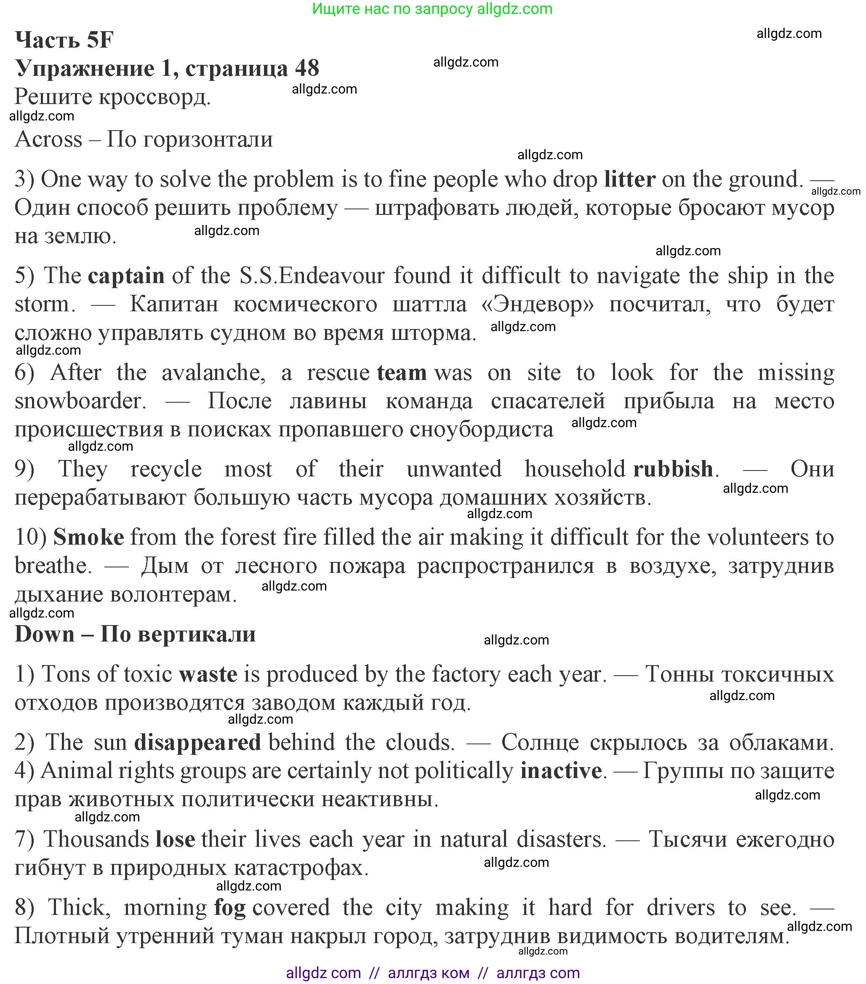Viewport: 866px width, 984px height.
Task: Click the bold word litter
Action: click(629, 179)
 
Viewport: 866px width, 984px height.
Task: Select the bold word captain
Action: click(126, 276)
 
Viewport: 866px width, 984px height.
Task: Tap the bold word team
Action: click(401, 373)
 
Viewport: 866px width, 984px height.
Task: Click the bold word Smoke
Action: click(88, 537)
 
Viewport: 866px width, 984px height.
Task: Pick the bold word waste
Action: click(208, 674)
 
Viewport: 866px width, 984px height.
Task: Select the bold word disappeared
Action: click(197, 742)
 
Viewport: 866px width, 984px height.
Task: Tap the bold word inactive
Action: click(560, 771)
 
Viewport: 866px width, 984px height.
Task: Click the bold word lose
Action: click(175, 840)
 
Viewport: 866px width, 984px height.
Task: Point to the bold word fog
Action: click(229, 907)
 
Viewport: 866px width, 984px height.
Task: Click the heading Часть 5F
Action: click(64, 40)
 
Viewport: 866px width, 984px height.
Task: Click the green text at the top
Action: click(432, 9)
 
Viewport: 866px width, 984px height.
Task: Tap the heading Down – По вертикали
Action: click(135, 634)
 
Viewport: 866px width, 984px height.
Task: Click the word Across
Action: click(48, 139)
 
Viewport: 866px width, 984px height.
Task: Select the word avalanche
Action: click(213, 373)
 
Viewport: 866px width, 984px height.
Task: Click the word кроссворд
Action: click(155, 97)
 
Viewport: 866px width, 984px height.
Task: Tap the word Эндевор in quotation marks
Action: click(537, 304)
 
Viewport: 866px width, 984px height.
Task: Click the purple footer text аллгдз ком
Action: click(428, 973)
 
